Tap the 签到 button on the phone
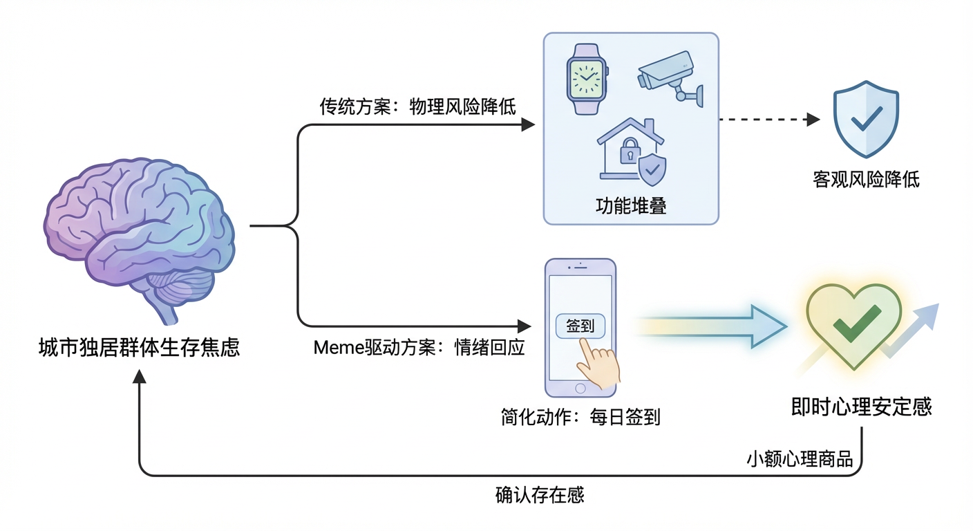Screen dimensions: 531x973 click(580, 326)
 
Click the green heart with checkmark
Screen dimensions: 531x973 click(855, 324)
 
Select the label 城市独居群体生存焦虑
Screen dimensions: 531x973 click(139, 347)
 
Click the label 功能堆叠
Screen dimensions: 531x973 click(630, 206)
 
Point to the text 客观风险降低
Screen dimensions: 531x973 click(866, 180)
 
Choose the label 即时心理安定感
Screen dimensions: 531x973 click(861, 407)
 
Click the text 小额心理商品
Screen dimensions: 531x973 click(800, 459)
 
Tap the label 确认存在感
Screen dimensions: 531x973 click(540, 495)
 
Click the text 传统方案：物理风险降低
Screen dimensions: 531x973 click(417, 107)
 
